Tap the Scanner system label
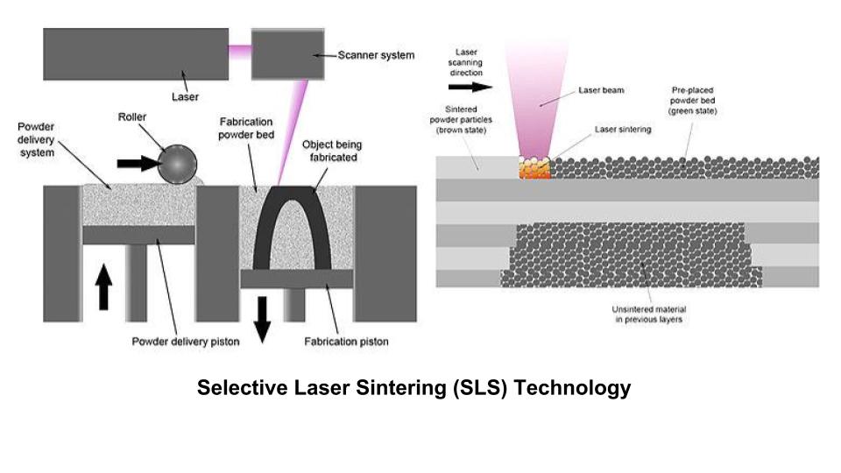pyautogui.click(x=377, y=55)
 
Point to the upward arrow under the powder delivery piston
pyautogui.click(x=104, y=287)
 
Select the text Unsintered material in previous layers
pyautogui.click(x=647, y=314)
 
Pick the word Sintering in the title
pyautogui.click(x=393, y=387)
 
